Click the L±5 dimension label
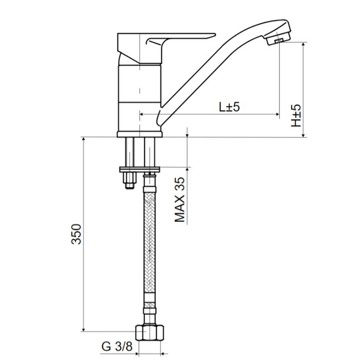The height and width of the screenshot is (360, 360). tap(229, 107)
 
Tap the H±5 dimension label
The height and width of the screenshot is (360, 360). tap(296, 116)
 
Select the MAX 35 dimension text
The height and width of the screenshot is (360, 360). tap(180, 200)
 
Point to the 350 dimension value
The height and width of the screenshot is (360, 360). tap(77, 233)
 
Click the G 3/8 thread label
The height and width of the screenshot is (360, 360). tap(117, 347)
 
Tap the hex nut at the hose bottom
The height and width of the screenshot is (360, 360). tap(150, 333)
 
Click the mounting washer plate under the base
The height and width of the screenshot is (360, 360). tap(139, 170)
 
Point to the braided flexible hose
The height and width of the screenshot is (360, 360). tap(150, 242)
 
